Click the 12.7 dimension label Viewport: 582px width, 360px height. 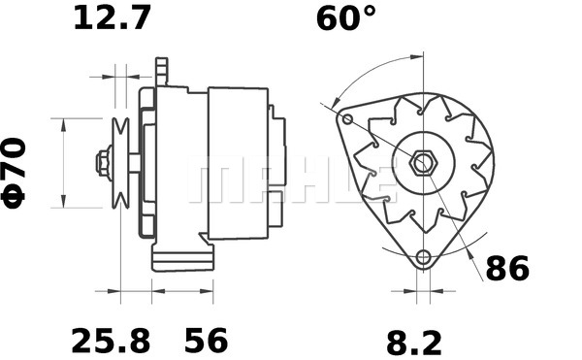113,18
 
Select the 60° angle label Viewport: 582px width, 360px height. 346,18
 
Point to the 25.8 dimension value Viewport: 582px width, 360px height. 111,341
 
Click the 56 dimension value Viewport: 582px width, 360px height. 206,341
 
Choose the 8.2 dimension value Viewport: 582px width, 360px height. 414,344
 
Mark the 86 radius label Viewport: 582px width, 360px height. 507,269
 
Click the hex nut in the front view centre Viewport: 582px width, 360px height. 423,162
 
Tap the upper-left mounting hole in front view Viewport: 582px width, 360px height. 347,119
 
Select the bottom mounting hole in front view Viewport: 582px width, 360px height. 423,256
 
